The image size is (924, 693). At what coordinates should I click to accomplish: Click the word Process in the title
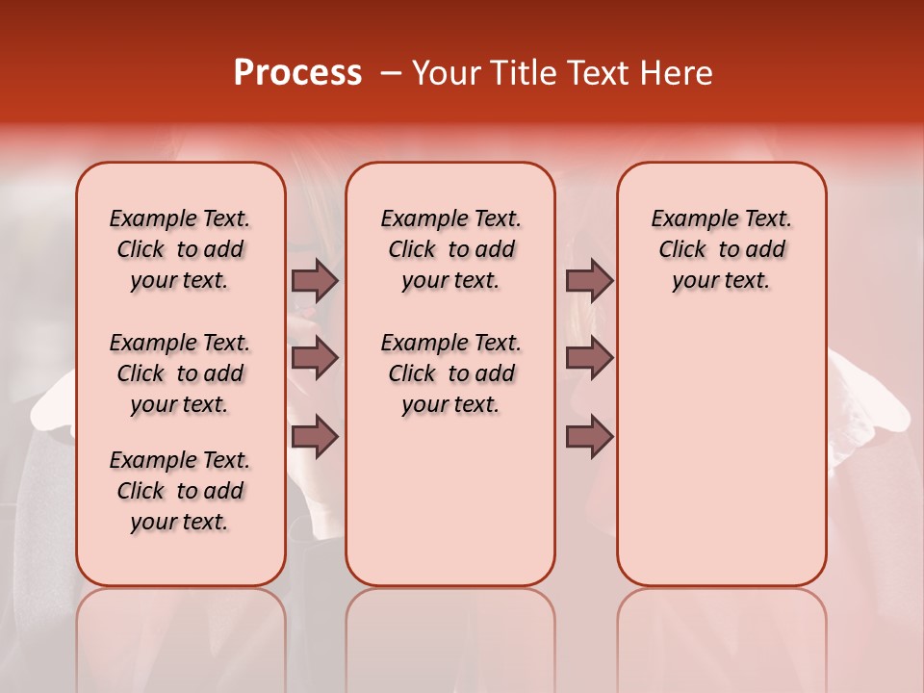(x=297, y=73)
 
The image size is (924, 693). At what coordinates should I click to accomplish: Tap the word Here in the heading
(x=677, y=73)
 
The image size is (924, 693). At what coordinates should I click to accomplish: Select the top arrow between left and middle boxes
(x=315, y=280)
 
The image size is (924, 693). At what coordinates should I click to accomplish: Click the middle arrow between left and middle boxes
(x=315, y=358)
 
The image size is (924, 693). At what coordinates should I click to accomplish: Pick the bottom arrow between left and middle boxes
(x=315, y=437)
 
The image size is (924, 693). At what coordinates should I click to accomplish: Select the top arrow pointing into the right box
(x=589, y=280)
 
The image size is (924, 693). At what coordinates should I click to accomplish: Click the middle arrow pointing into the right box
(x=589, y=358)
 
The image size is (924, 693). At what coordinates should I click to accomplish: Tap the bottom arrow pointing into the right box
(x=589, y=437)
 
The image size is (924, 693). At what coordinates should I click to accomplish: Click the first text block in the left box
(x=180, y=249)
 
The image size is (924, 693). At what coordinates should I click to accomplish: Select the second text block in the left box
(x=180, y=373)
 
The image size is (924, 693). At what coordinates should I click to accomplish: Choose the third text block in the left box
(x=180, y=491)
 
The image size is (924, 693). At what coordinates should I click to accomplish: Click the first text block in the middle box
(x=450, y=249)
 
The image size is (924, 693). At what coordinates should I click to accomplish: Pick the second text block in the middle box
(x=450, y=373)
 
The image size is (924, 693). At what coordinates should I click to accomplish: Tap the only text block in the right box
(x=721, y=249)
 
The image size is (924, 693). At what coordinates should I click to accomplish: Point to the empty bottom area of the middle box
(x=450, y=510)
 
